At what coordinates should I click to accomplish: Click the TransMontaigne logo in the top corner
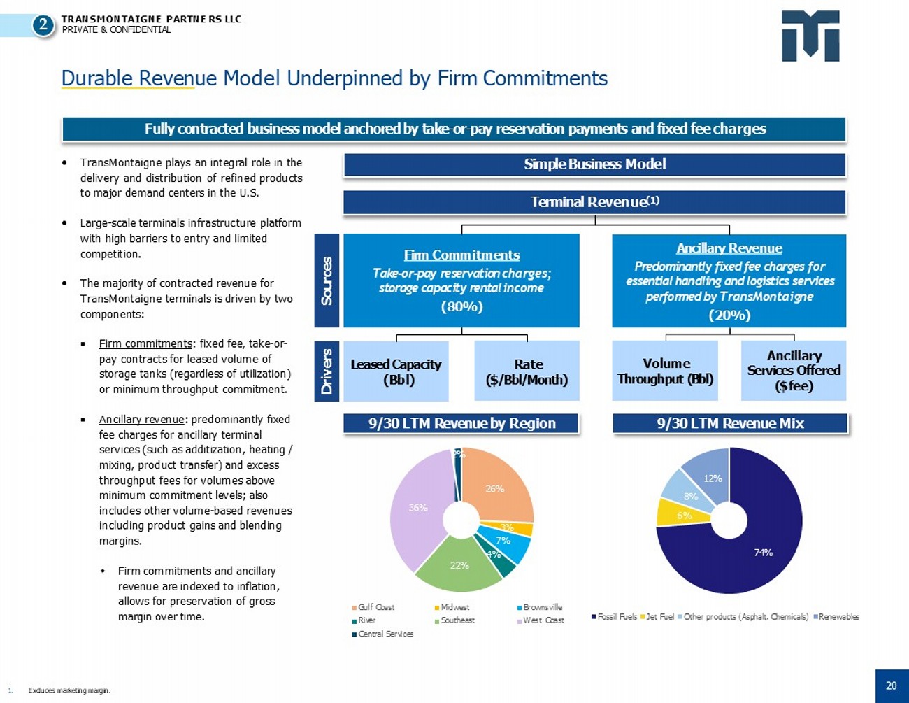click(810, 36)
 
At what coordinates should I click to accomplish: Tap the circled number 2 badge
click(43, 26)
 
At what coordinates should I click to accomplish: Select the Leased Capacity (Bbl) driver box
click(396, 371)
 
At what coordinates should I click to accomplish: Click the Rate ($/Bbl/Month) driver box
click(527, 371)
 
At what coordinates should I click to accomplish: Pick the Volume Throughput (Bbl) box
click(664, 371)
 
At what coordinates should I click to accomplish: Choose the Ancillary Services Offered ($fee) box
click(794, 371)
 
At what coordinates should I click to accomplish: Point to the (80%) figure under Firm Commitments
click(461, 306)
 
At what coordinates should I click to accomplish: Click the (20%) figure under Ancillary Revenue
click(729, 315)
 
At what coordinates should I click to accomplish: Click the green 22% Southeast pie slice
click(459, 565)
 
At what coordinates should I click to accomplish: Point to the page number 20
click(891, 686)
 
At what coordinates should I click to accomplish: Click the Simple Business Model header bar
click(594, 164)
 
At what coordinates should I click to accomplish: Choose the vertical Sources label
click(327, 281)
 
